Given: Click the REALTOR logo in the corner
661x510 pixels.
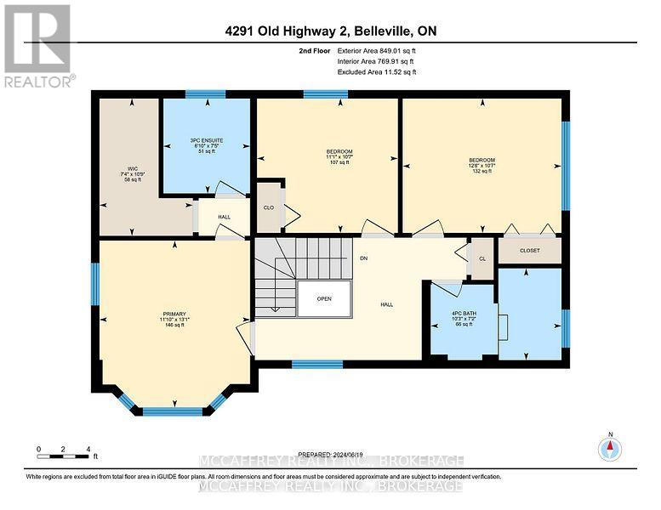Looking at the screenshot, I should click(x=37, y=44).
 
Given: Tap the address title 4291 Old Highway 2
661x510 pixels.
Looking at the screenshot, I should click(x=330, y=32).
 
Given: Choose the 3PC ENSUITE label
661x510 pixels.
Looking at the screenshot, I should click(x=207, y=145).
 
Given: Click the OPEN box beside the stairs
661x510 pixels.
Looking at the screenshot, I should click(x=324, y=298).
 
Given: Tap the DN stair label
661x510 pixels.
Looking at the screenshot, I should click(x=363, y=258).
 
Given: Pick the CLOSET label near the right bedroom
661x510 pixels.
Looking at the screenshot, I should click(x=529, y=251).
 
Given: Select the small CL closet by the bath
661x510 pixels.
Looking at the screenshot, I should click(x=482, y=259).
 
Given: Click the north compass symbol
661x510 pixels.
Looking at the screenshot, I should click(x=609, y=448).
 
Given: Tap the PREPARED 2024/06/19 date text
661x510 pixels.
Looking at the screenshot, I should click(x=330, y=454).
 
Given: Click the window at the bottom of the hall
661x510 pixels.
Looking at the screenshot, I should click(x=316, y=364).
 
